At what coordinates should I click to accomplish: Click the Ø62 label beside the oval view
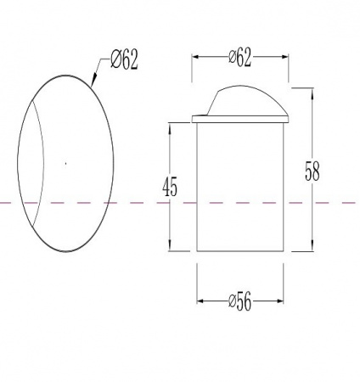[x=124, y=59]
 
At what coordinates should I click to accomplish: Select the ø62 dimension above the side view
[x=239, y=58]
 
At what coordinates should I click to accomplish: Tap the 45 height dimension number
[x=170, y=187]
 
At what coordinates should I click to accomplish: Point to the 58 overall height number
[x=312, y=171]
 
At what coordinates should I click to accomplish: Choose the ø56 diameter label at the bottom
[x=239, y=301]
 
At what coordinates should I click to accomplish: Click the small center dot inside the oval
[x=66, y=163]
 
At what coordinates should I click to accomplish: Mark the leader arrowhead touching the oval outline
[x=93, y=79]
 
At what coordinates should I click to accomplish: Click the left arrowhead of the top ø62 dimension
[x=197, y=57]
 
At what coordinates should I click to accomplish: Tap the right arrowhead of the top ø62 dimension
[x=284, y=57]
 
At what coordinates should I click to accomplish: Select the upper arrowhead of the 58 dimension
[x=312, y=93]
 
